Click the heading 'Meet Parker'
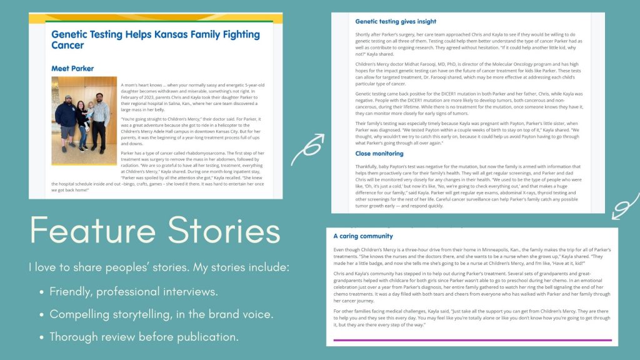(72, 68)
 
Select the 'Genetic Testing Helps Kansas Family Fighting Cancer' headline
(155, 40)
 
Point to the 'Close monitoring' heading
(379, 153)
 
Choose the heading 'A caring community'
(363, 236)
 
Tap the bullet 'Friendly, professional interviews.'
(134, 292)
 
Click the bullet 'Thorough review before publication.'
(144, 337)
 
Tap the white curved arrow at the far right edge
(625, 207)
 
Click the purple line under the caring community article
(472, 340)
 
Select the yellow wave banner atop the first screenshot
(155, 18)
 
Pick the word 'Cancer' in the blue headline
(67, 46)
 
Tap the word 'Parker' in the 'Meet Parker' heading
(82, 68)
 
